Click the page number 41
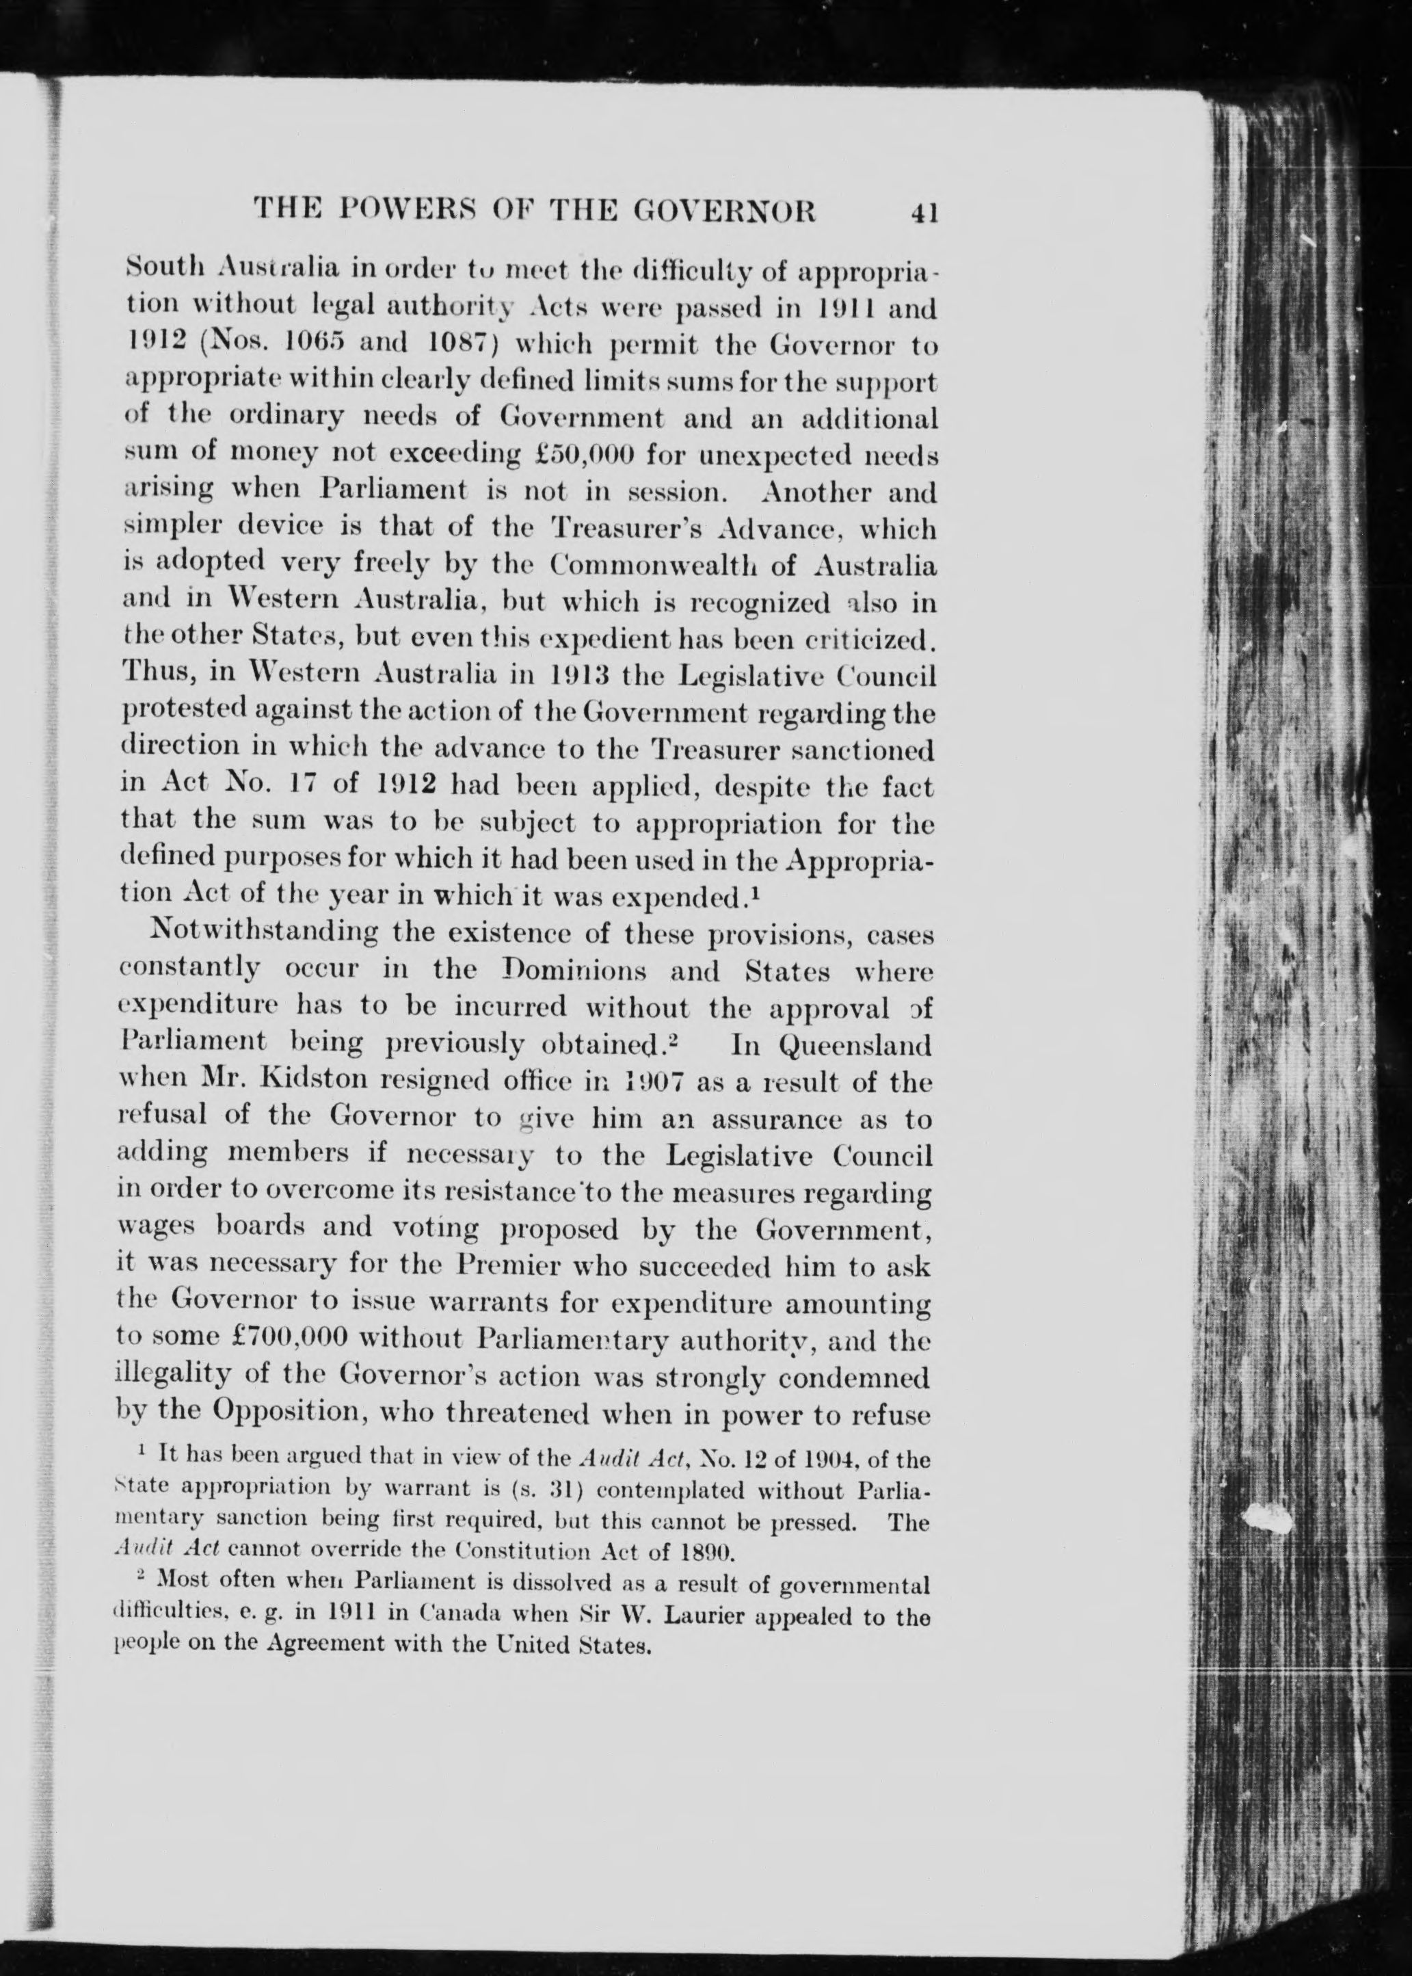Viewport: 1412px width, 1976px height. pyautogui.click(x=922, y=213)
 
